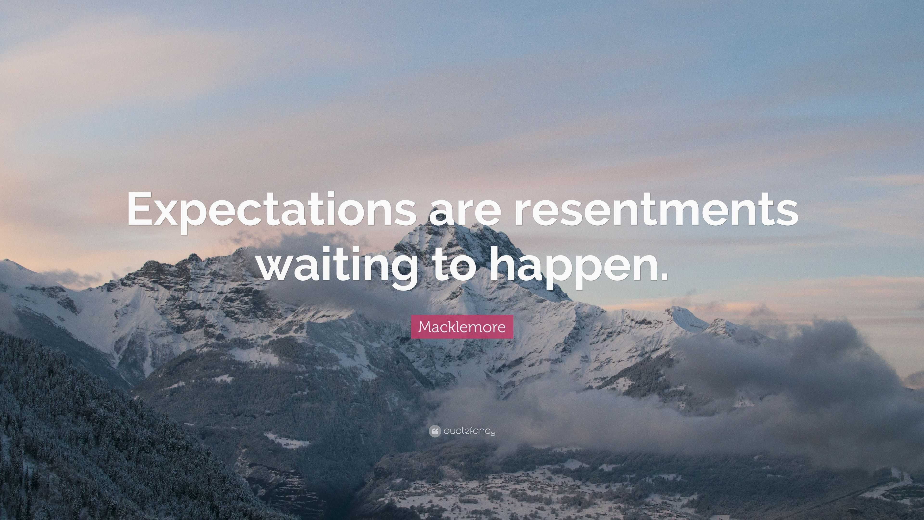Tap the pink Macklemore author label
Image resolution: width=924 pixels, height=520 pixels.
click(462, 327)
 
